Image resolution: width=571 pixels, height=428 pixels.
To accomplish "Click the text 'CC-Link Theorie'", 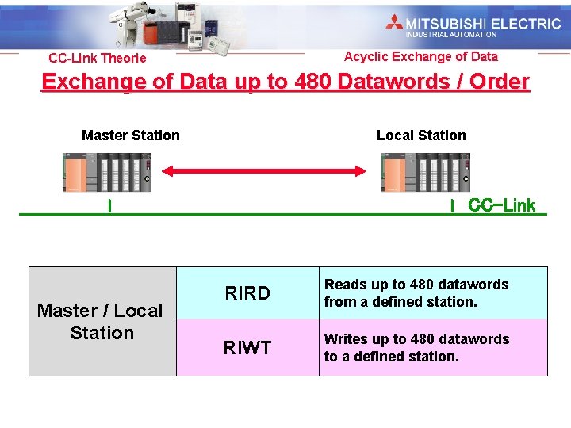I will (98, 59).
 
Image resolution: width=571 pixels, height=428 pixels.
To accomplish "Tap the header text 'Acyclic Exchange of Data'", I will (421, 56).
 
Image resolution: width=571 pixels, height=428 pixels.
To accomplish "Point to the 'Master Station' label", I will (131, 136).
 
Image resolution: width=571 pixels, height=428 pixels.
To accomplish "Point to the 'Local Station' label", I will (421, 136).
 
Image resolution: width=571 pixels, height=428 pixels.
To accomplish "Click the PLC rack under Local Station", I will (426, 172).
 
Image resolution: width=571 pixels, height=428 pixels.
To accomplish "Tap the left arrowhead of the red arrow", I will (169, 170).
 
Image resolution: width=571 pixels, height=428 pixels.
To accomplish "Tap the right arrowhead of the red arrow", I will (360, 170).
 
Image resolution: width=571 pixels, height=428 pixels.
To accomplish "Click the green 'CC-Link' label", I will (502, 206).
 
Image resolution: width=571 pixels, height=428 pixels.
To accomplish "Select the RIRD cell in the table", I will (247, 293).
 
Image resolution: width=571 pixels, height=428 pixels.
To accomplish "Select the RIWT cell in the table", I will (247, 347).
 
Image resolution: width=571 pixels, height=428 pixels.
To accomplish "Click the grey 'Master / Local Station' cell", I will (102, 321).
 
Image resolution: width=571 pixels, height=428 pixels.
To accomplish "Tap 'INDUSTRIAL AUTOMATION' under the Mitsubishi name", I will (451, 35).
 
